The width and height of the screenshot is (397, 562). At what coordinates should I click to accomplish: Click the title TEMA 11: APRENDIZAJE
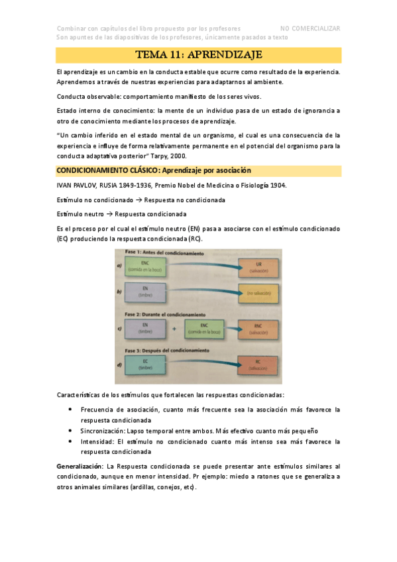199,54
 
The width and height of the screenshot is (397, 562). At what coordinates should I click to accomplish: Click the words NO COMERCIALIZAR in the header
310,28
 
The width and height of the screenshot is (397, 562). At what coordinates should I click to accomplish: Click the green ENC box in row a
145,266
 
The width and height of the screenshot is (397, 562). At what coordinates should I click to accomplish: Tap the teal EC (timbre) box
145,363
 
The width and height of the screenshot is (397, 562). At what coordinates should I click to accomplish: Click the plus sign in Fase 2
174,327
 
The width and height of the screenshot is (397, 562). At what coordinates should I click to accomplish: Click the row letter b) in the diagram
119,291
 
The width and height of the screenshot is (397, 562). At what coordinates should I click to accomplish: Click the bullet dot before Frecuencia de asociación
71,410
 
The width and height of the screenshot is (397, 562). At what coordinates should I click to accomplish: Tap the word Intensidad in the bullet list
97,441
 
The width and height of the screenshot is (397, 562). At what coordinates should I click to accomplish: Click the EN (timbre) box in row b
145,291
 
